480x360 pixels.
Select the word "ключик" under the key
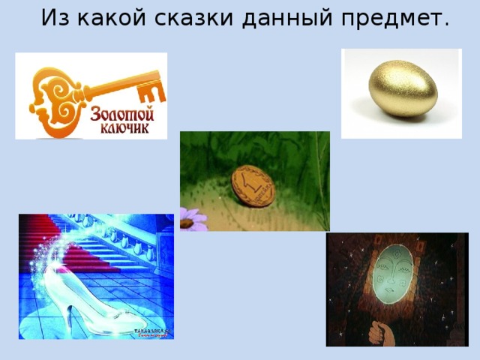point(122,129)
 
